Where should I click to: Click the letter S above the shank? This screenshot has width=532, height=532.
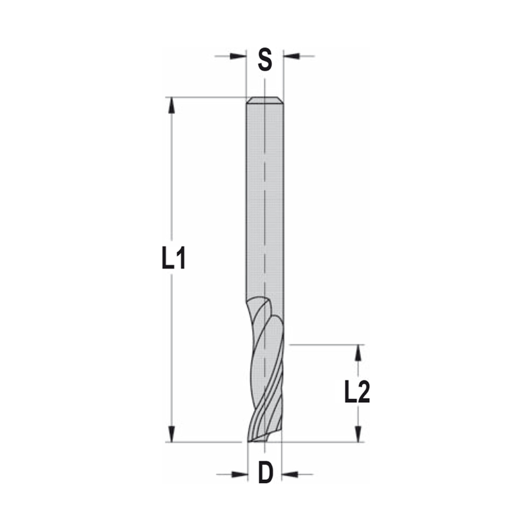point(265,60)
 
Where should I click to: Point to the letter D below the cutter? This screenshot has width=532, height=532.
point(265,473)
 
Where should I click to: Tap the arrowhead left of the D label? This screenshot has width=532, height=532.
point(240,473)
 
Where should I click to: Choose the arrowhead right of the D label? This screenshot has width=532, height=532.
point(290,473)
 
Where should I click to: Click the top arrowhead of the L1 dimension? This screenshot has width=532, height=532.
point(171,105)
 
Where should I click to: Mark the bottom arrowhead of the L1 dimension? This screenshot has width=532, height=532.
point(171,434)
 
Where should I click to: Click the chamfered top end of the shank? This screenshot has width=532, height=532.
point(264,101)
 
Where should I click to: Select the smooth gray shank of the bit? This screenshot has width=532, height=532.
point(264,202)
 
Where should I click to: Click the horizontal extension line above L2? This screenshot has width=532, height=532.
point(325,345)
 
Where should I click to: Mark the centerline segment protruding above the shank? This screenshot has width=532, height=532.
point(264,88)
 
